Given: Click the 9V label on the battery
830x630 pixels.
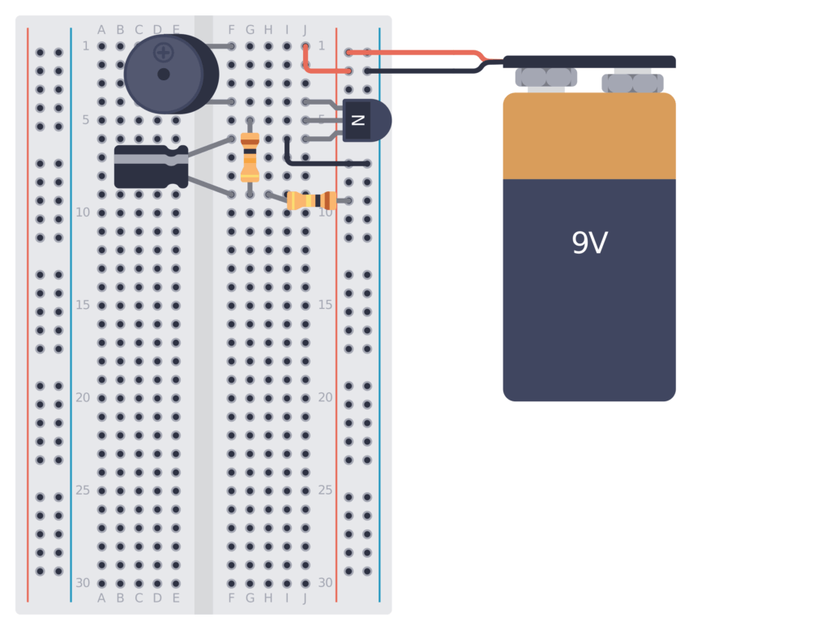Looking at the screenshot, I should pyautogui.click(x=589, y=243).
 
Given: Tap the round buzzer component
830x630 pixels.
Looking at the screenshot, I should pyautogui.click(x=182, y=89).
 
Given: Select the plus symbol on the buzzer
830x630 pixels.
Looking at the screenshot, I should pyautogui.click(x=164, y=53).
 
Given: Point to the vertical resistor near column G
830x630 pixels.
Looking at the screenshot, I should pyautogui.click(x=250, y=156).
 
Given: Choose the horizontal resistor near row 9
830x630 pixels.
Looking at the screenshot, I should pyautogui.click(x=312, y=200).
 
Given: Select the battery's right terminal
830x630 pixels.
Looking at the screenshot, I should pyautogui.click(x=632, y=83).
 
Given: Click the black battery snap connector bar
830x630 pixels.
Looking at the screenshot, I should pyautogui.click(x=589, y=62).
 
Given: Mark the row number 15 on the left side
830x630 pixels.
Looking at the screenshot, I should pyautogui.click(x=82, y=306).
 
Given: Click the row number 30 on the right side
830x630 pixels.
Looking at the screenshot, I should pyautogui.click(x=325, y=583).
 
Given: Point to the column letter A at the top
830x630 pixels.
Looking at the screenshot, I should pyautogui.click(x=101, y=30).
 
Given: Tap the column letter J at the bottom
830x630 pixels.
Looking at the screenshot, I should pyautogui.click(x=305, y=598).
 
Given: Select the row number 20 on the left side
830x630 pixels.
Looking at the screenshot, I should pyautogui.click(x=82, y=398).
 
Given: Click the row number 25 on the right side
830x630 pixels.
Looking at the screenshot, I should pyautogui.click(x=325, y=491).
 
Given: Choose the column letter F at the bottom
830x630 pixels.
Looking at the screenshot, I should pyautogui.click(x=231, y=598).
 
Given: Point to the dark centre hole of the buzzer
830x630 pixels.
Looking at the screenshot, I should pyautogui.click(x=164, y=74).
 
